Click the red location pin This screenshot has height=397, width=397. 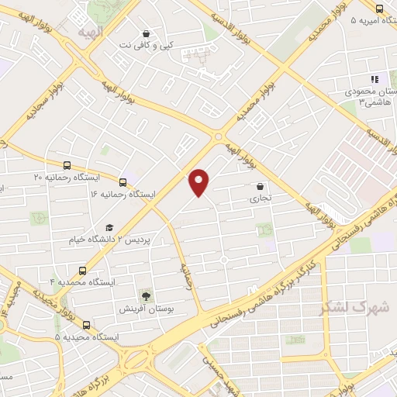(199, 181)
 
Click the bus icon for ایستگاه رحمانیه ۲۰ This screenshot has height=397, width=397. (67, 165)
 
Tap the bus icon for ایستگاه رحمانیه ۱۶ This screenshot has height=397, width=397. (124, 180)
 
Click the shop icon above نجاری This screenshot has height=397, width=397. (260, 186)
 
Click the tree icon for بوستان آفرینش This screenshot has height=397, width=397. (145, 295)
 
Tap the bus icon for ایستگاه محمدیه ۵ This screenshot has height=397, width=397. (85, 325)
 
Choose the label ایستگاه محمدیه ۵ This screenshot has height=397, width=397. (86, 338)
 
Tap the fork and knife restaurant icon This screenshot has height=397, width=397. (375, 78)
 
